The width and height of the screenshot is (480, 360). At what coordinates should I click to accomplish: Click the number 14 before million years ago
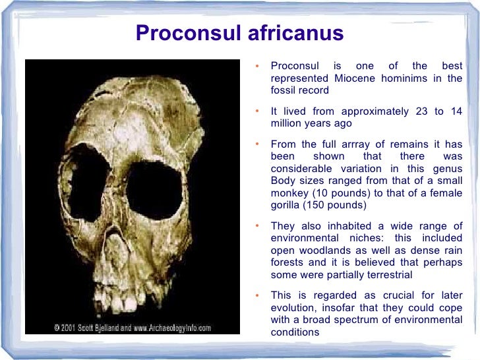[x=456, y=111]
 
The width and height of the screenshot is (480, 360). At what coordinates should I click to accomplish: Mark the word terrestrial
[x=387, y=274]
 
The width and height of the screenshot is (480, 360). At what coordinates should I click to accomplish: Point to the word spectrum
[x=361, y=320]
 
